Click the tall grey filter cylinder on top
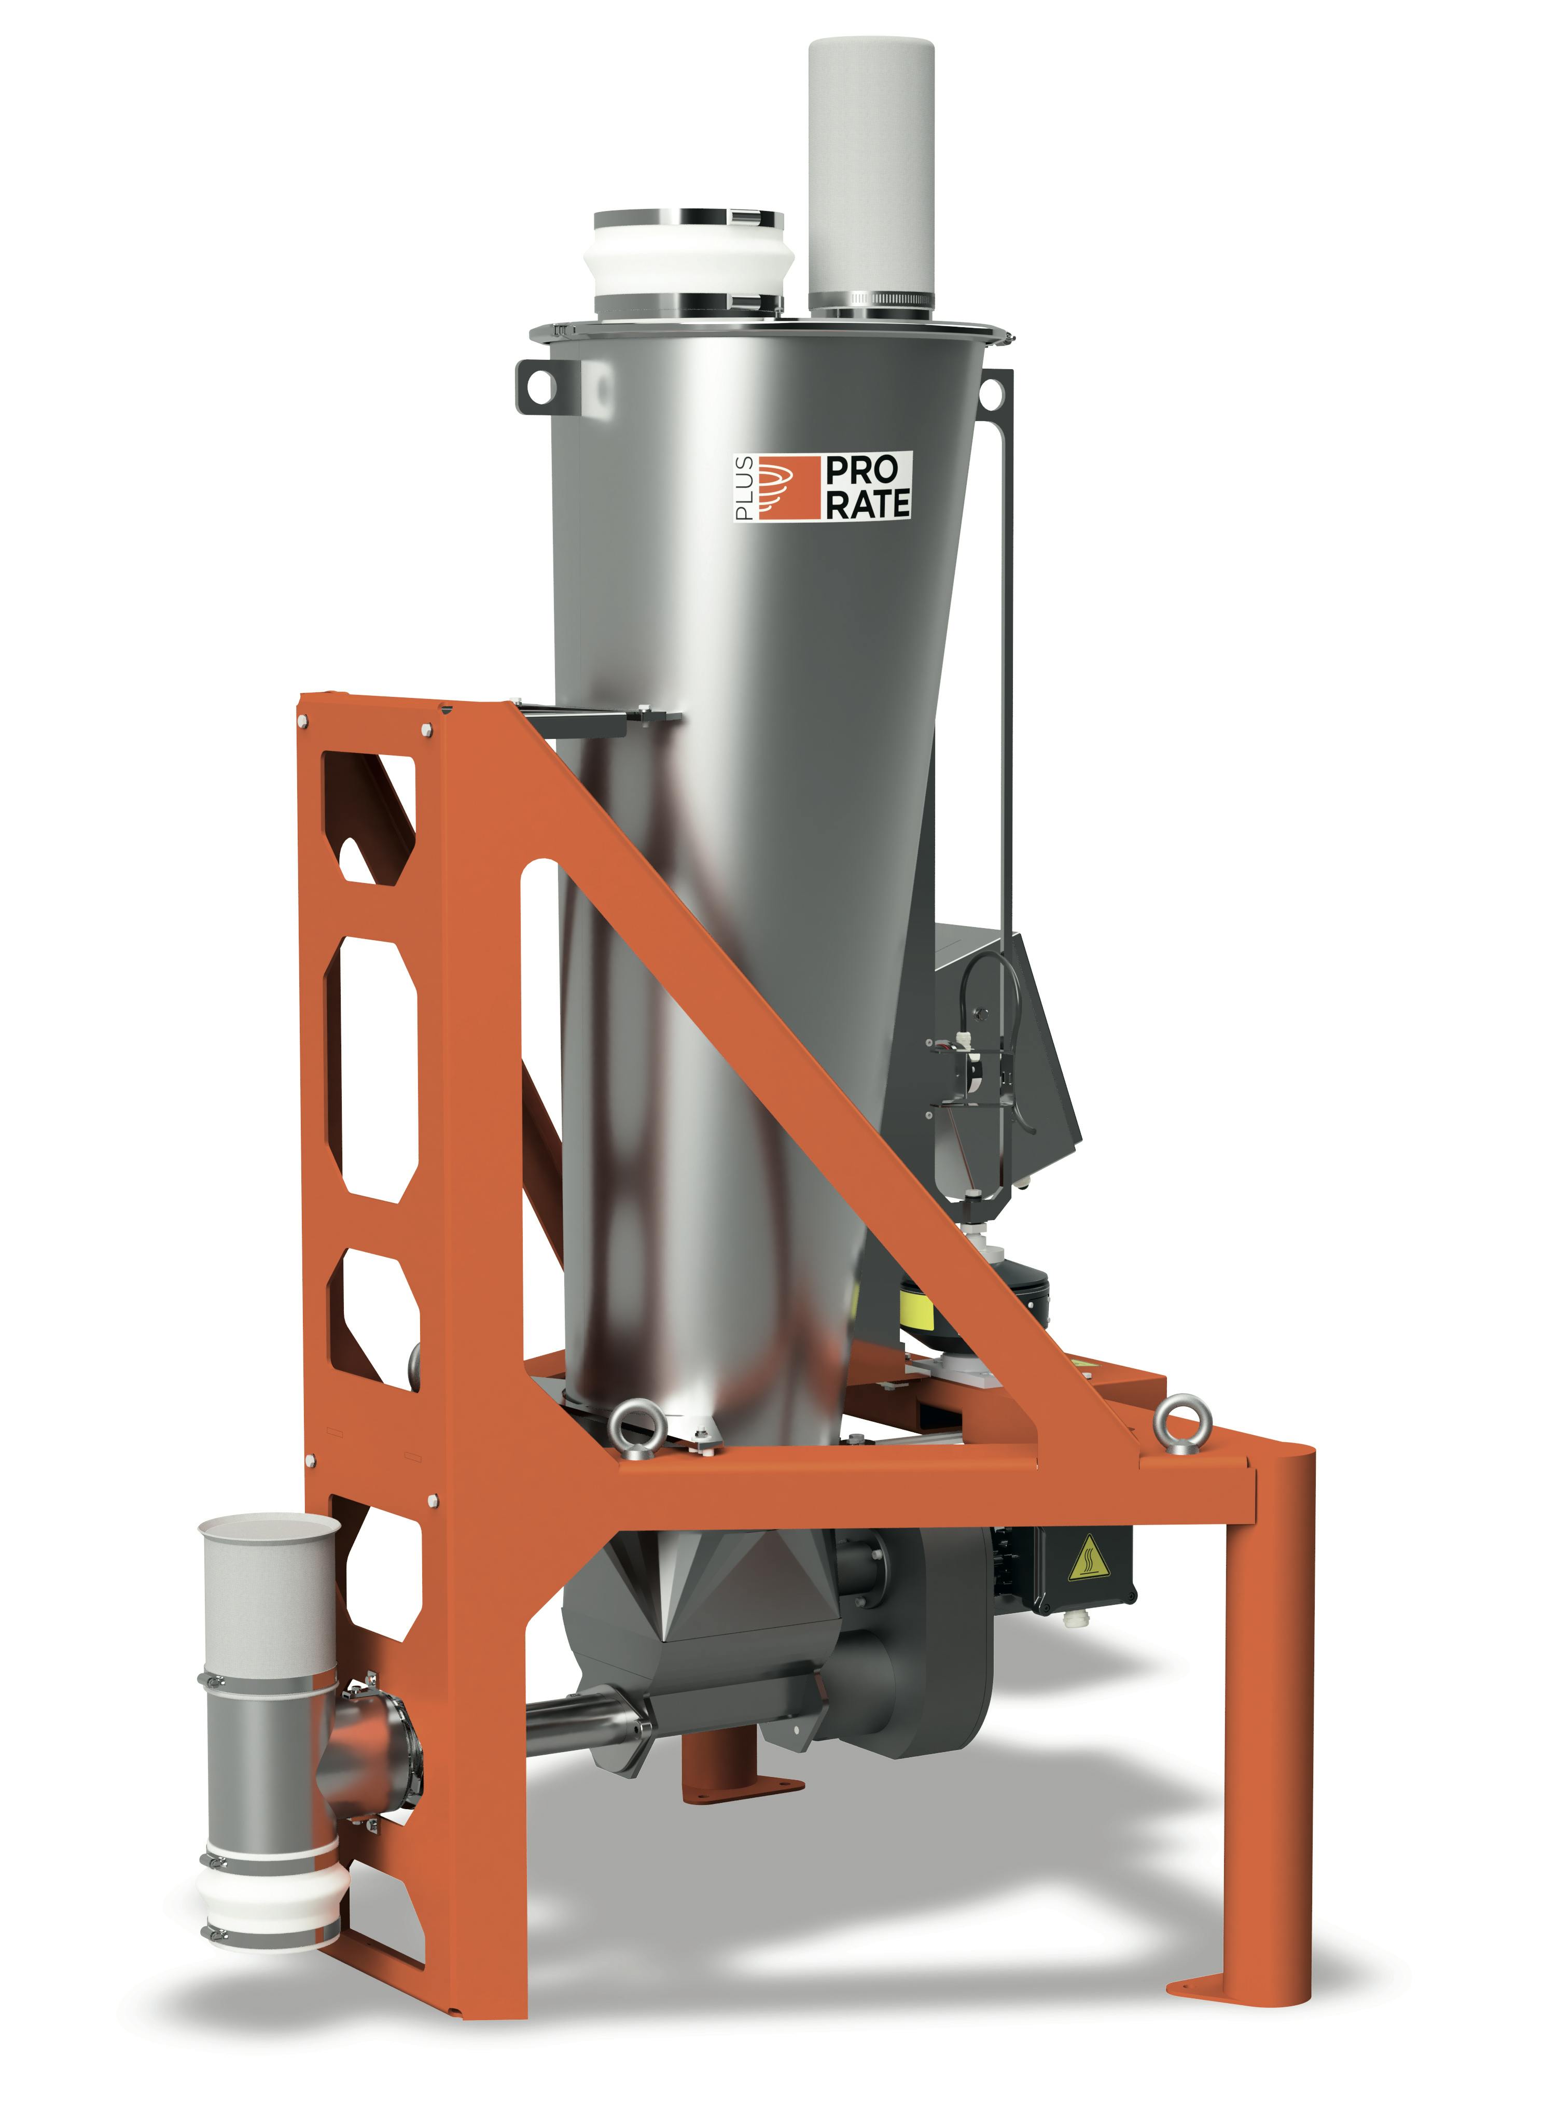870,170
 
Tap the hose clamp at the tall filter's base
870,300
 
